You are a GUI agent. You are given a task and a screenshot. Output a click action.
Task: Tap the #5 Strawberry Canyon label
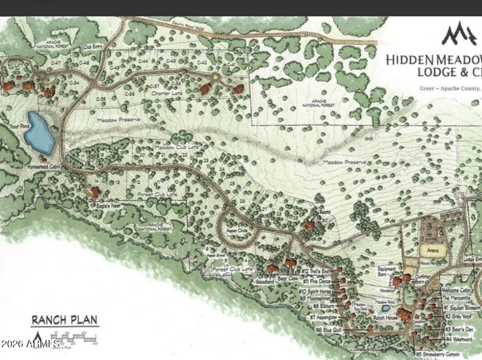pyautogui.click(x=442, y=354)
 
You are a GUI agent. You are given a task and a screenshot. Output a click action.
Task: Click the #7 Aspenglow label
pyautogui.click(x=322, y=317)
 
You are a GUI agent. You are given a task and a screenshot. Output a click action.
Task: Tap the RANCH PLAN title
pyautogui.click(x=64, y=320)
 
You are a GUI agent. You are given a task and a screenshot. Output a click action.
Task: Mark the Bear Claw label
pyautogui.click(x=289, y=279)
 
